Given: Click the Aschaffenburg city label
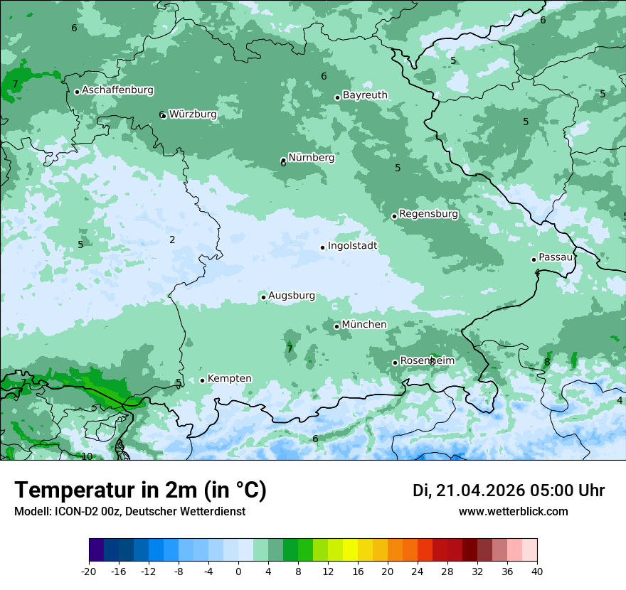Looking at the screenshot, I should [117, 90].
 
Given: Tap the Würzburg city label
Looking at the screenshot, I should [193, 114].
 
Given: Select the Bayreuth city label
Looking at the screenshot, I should [365, 95].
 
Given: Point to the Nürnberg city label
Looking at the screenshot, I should [311, 158].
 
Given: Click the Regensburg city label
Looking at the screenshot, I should [428, 214].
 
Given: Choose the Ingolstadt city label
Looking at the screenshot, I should [352, 246].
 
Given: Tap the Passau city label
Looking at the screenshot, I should [556, 257].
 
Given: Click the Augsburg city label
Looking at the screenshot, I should [291, 296].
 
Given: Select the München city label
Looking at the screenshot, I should [364, 325].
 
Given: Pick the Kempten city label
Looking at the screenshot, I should [229, 379].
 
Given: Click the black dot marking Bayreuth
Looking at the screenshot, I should [337, 97].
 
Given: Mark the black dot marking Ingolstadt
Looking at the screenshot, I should [322, 248].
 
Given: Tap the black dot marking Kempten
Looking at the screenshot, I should [202, 380].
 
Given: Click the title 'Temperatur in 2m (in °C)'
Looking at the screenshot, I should [140, 490].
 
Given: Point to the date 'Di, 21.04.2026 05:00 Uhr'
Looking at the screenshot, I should [509, 490].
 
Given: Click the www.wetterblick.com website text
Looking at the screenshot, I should [513, 511].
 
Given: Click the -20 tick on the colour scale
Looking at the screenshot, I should [89, 571].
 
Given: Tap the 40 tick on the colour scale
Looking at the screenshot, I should [536, 571].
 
